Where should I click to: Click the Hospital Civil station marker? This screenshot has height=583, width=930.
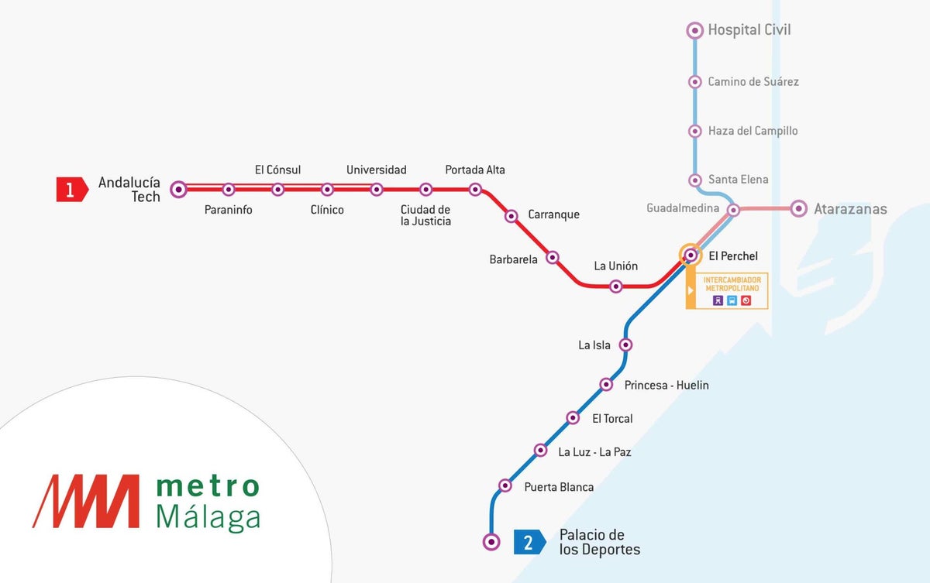695,30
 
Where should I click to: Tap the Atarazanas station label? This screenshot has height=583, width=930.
850,209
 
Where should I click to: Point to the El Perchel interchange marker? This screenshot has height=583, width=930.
690,254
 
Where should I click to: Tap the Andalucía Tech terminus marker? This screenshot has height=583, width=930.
179,189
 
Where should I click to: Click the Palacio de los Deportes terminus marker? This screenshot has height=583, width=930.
491,541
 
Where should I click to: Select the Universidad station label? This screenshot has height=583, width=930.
376,170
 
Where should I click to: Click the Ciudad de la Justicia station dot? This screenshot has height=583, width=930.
425,189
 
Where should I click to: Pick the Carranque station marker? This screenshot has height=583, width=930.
511,216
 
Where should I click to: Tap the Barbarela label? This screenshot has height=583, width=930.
513,260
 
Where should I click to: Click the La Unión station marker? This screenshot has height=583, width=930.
615,286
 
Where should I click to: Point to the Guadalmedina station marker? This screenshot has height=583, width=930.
733,209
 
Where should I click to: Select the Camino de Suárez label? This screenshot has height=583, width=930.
753,81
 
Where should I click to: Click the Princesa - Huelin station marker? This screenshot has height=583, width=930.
607,384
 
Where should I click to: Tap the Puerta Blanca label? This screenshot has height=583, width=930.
559,487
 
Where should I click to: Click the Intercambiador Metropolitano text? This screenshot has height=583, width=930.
732,283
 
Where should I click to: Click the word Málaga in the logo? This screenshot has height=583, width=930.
208,517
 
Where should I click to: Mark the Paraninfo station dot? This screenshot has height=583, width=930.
229,189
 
